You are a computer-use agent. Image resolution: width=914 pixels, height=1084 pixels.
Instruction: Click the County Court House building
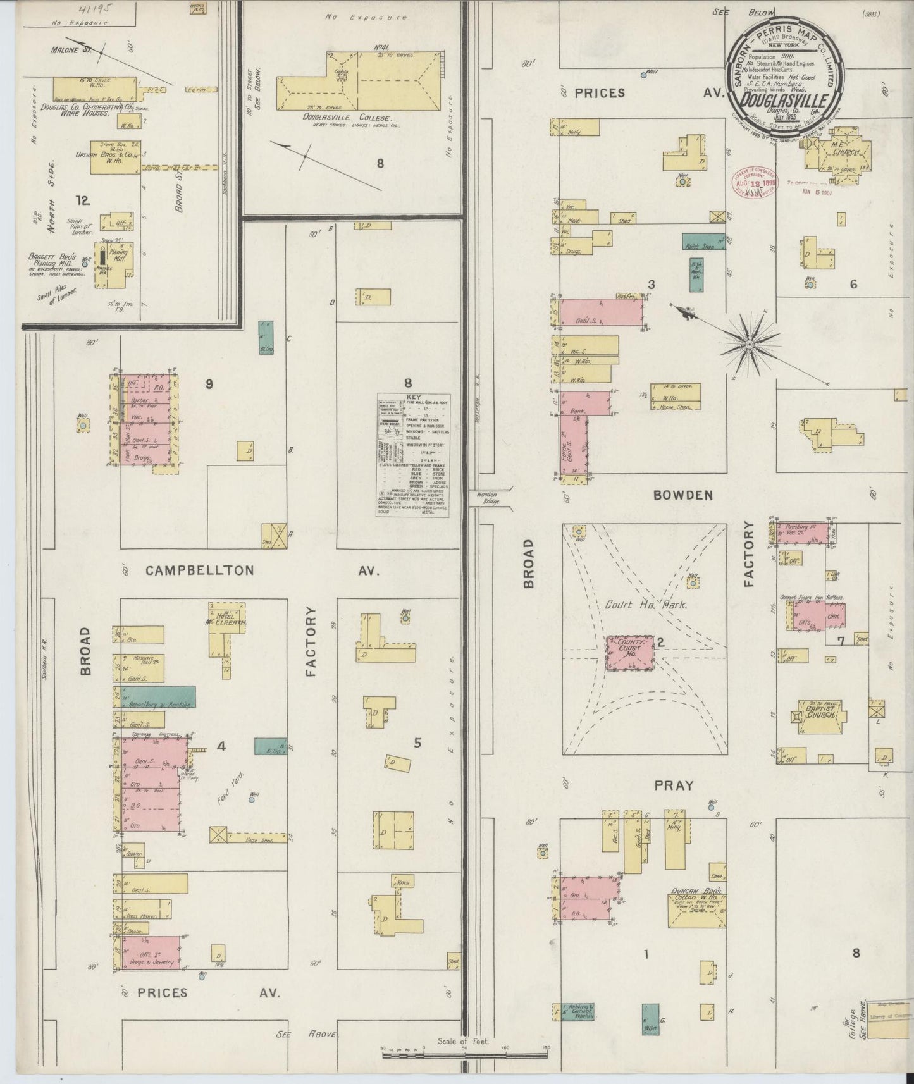(630, 653)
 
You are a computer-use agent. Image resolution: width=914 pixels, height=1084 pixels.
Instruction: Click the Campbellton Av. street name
(199, 570)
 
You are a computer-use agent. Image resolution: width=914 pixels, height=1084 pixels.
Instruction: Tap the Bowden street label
(684, 495)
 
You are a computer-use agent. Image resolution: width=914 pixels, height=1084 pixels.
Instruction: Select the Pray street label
(674, 785)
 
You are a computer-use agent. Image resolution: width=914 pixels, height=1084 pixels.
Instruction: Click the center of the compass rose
(749, 344)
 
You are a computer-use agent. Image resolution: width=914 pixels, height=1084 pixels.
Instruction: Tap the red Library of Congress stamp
(755, 183)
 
